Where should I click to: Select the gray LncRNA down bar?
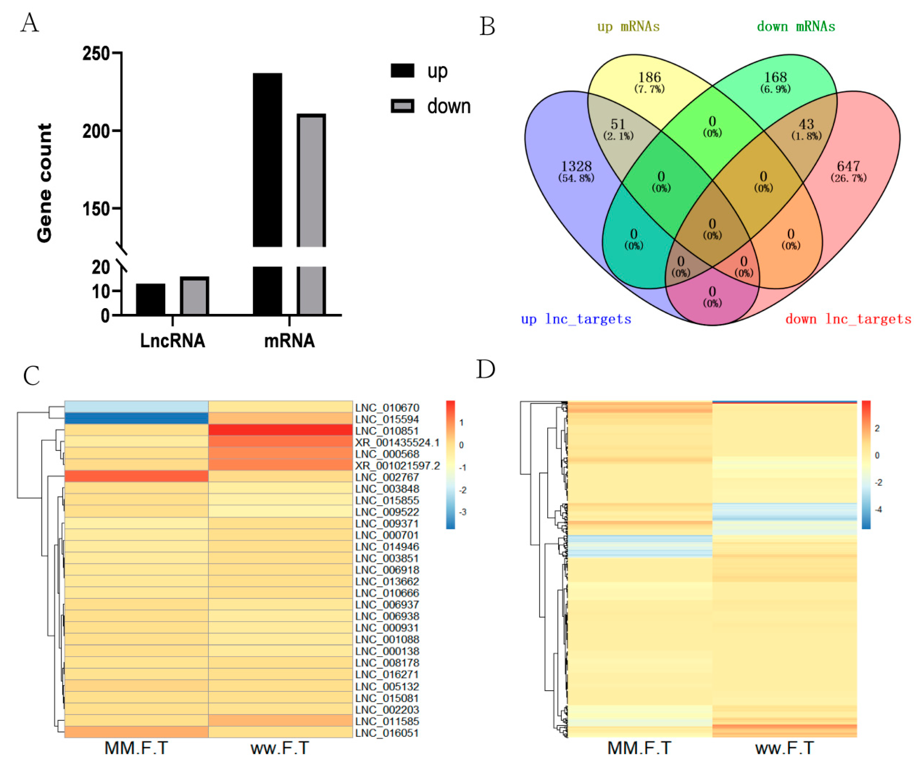(x=194, y=296)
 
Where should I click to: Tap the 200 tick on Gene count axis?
(x=96, y=131)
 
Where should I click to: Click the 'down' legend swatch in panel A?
(x=402, y=106)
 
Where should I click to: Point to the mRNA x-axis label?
(x=290, y=341)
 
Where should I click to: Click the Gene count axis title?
(x=45, y=183)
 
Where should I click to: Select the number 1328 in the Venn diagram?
(x=576, y=166)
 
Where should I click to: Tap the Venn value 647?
(x=848, y=166)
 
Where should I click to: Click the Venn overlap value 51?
(x=617, y=124)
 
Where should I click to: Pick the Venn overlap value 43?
(x=806, y=124)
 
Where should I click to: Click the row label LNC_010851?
(x=387, y=431)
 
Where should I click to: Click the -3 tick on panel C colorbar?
(x=462, y=512)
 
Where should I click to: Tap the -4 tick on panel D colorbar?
(x=878, y=509)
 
